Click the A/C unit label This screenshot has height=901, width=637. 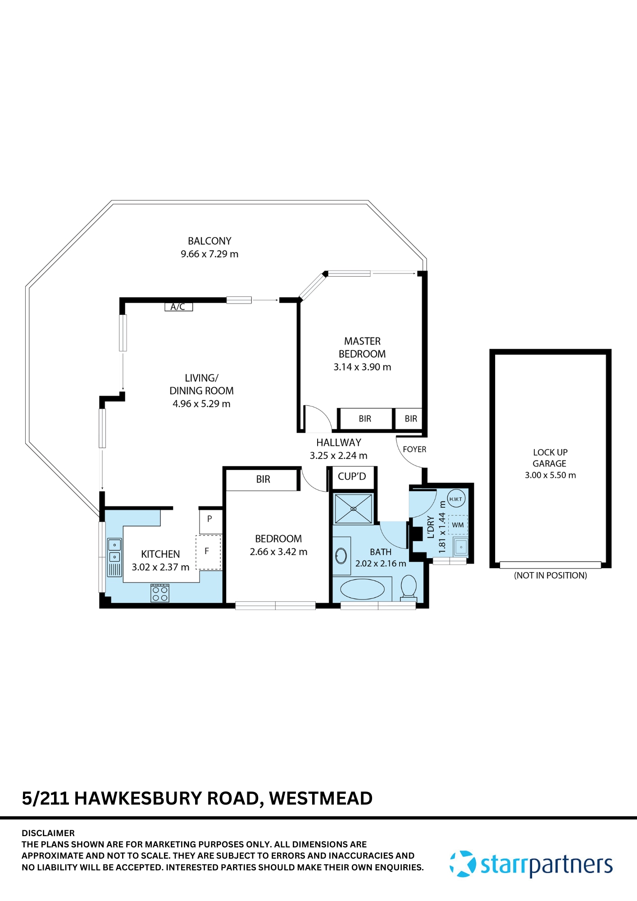[x=178, y=307]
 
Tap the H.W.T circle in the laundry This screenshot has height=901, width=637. [x=455, y=499]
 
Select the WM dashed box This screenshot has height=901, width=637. [x=458, y=525]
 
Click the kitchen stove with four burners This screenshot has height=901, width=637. [x=160, y=593]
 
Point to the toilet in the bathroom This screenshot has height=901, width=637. [x=409, y=587]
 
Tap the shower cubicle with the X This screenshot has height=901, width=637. [x=353, y=509]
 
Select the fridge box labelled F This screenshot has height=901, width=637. [x=208, y=551]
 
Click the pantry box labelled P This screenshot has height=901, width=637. [x=210, y=519]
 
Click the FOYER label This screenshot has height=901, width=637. [x=414, y=449]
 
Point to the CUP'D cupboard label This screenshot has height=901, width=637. [x=352, y=477]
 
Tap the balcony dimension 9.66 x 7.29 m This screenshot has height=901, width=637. [x=209, y=254]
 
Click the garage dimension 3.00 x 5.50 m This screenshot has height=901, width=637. [x=550, y=475]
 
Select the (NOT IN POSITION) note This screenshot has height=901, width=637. [x=551, y=575]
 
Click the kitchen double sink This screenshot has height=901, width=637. [x=114, y=551]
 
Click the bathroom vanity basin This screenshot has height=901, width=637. [x=341, y=556]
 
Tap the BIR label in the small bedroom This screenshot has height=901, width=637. [x=263, y=479]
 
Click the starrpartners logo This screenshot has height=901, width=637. [x=532, y=864]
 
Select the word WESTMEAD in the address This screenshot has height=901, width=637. [x=321, y=798]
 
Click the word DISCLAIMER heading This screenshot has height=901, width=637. [x=48, y=833]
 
